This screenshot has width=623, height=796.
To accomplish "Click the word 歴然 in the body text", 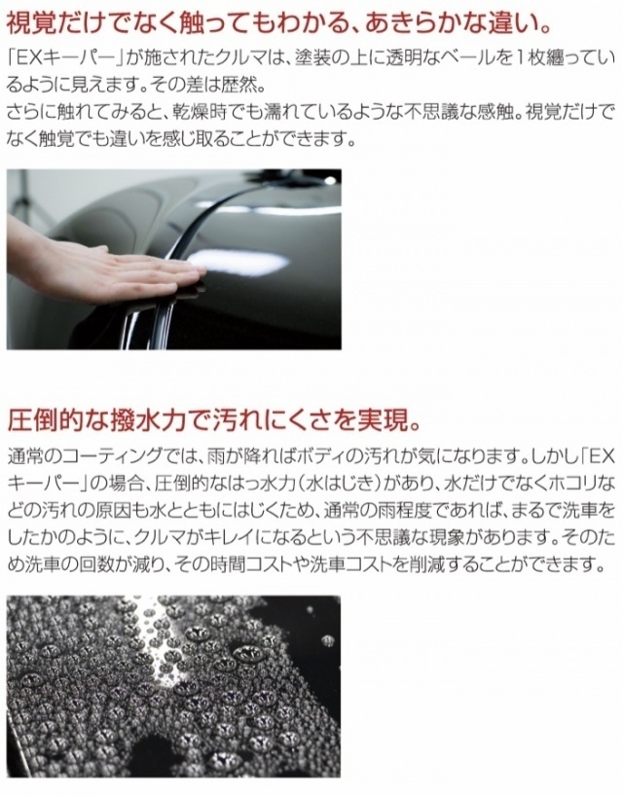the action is (x=239, y=85).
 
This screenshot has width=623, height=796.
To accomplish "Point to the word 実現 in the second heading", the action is (x=381, y=419).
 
